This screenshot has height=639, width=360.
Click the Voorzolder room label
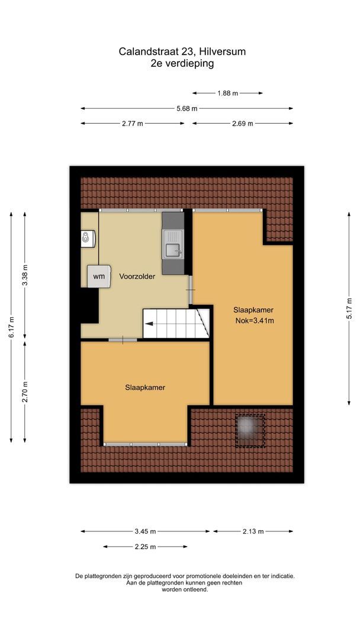pyautogui.click(x=137, y=276)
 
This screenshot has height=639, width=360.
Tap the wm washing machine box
pyautogui.click(x=99, y=276)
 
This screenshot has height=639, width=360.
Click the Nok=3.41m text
pyautogui.click(x=254, y=321)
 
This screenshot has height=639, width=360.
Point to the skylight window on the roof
pyautogui.click(x=250, y=430)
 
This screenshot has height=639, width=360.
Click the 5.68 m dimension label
pyautogui.click(x=187, y=108)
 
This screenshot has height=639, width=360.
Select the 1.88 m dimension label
pyautogui.click(x=227, y=93)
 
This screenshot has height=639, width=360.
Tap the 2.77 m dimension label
pyautogui.click(x=132, y=124)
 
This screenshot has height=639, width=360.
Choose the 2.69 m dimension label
pyautogui.click(x=242, y=124)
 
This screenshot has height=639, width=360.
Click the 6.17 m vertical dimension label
pyautogui.click(x=11, y=327)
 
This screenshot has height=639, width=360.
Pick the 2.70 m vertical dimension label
pyautogui.click(x=24, y=392)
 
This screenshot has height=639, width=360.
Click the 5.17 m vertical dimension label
pyautogui.click(x=349, y=308)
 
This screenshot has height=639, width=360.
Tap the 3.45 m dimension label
pyautogui.click(x=145, y=531)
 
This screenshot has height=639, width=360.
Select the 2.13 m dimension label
pyautogui.click(x=253, y=531)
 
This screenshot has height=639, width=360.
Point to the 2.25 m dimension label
pyautogui.click(x=145, y=547)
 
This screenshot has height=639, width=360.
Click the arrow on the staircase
pyautogui.click(x=149, y=324)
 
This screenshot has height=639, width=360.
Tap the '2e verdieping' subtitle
pyautogui.click(x=182, y=64)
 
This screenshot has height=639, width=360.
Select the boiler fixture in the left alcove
pyautogui.click(x=88, y=238)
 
